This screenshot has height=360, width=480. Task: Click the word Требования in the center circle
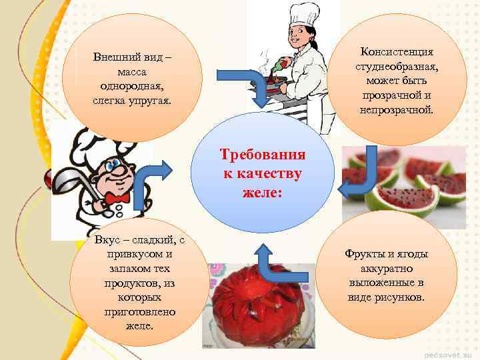point(263,155)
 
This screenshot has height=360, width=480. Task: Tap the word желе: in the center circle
point(263,193)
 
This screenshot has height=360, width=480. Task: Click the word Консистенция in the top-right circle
point(397,51)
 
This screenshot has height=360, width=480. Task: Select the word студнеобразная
point(397,66)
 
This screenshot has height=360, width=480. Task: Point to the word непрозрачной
point(397,109)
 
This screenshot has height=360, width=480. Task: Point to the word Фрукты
point(366,254)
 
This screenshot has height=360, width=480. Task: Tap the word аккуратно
point(386,269)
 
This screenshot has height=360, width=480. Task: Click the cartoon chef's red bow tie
point(117,198)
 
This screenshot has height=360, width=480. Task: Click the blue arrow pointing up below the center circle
point(270,263)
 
